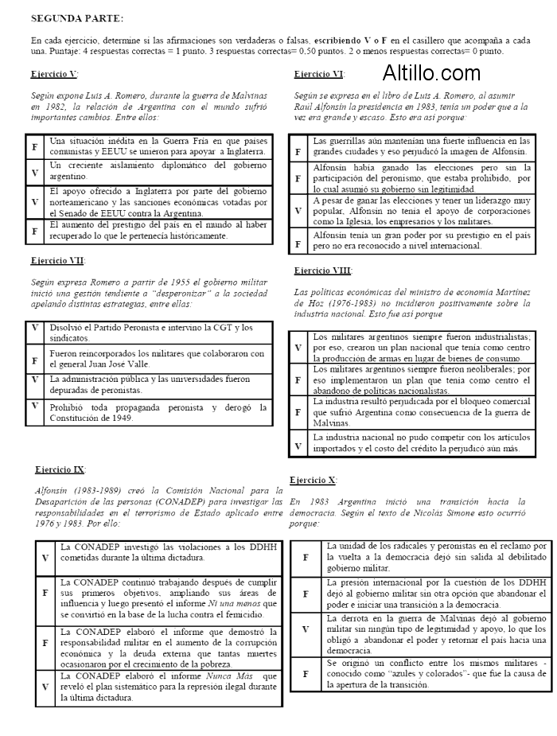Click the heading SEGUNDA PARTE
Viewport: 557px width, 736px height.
click(x=77, y=17)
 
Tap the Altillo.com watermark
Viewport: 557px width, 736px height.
click(x=431, y=74)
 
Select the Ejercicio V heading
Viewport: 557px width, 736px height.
click(x=55, y=74)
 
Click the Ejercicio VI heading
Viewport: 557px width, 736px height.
click(x=319, y=74)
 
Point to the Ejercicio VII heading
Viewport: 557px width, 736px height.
click(x=58, y=260)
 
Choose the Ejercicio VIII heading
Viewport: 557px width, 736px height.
click(x=322, y=271)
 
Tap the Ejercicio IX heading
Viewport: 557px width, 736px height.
click(x=60, y=469)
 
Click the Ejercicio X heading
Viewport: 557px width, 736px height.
click(x=313, y=481)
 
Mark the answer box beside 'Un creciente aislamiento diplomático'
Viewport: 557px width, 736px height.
click(x=35, y=172)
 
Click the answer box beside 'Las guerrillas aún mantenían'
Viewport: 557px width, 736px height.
click(x=298, y=151)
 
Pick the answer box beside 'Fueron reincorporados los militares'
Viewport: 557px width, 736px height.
click(x=35, y=359)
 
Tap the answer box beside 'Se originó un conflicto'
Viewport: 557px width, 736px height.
click(x=306, y=672)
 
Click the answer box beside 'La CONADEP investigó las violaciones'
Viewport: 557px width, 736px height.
click(x=45, y=557)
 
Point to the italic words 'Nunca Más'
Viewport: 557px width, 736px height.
click(x=227, y=676)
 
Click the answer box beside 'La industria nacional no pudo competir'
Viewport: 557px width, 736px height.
click(x=298, y=445)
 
